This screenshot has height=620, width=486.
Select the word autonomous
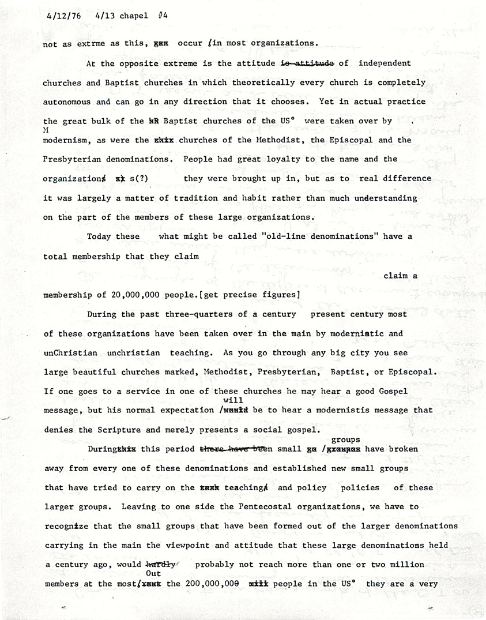point(69,102)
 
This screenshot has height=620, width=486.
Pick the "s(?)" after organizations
point(140,179)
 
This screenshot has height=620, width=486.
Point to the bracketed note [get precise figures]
point(249,295)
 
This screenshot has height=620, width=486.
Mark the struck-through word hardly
point(163,565)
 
